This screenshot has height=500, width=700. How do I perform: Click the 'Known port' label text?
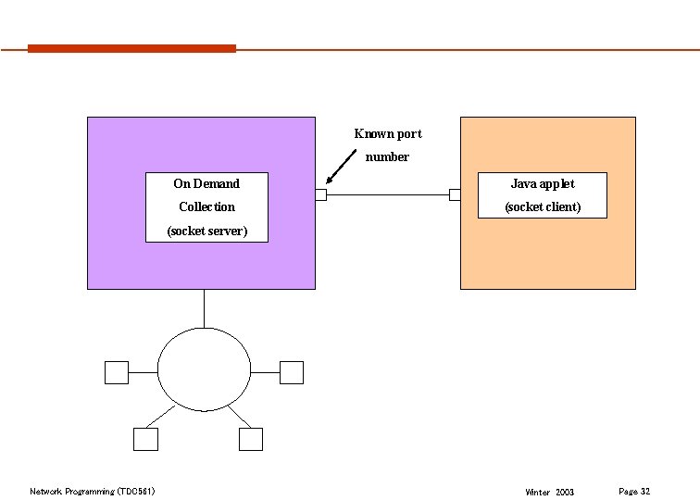click(387, 133)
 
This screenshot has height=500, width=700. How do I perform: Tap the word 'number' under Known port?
click(387, 156)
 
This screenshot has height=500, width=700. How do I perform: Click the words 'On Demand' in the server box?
click(206, 183)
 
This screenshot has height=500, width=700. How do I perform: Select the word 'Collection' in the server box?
click(206, 206)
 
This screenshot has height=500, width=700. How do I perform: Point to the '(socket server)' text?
click(206, 230)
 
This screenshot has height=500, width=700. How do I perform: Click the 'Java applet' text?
click(543, 183)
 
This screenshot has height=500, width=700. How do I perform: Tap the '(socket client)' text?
click(543, 206)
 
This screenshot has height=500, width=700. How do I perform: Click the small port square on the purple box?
click(321, 194)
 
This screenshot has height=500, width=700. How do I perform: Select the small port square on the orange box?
click(455, 194)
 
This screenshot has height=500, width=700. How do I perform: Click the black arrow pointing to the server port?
click(343, 168)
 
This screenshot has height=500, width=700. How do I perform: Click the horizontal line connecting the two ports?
click(388, 194)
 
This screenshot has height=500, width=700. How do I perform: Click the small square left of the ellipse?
click(116, 372)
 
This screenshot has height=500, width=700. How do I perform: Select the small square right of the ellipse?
click(292, 372)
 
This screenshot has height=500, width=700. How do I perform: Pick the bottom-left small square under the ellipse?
click(144, 439)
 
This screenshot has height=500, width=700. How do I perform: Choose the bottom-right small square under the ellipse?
click(250, 439)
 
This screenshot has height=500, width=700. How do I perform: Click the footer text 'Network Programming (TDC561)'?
click(92, 491)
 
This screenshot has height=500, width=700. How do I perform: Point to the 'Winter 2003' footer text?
click(549, 492)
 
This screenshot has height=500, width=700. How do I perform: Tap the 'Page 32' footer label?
click(634, 491)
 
